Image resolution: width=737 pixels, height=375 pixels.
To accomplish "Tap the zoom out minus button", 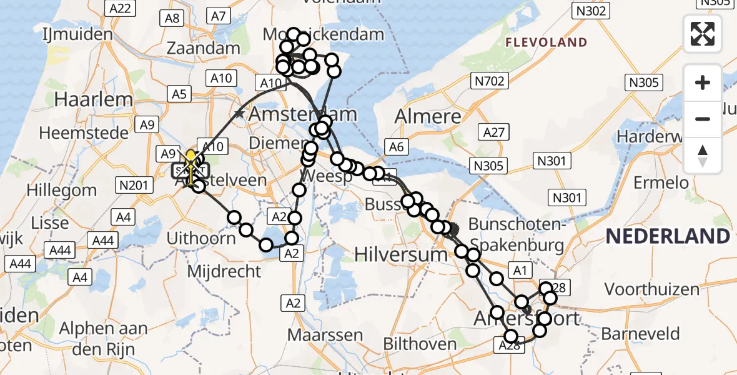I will [703, 119].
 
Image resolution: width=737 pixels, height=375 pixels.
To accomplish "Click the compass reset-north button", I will [703, 156].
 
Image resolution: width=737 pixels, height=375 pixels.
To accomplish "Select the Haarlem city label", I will [94, 99].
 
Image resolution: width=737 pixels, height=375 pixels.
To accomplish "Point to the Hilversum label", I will [401, 254].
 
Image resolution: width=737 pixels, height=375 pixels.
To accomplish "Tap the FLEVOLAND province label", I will [547, 42].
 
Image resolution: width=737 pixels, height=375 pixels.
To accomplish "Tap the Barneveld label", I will [640, 333].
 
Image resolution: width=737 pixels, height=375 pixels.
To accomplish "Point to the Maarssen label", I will [325, 334].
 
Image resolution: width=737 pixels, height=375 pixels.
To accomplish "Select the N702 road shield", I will [488, 81].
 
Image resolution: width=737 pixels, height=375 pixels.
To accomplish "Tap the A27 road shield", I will [493, 132].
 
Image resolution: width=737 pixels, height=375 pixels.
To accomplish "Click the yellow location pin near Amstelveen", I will [191, 157].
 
